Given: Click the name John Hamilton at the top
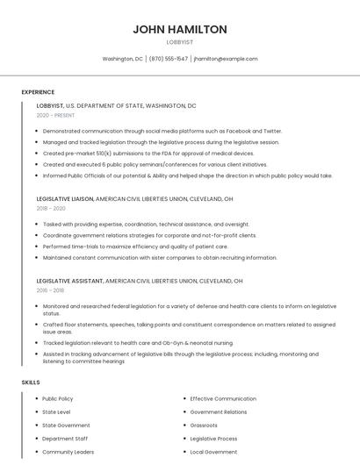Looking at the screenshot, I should (180, 29).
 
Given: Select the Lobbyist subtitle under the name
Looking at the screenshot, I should (180, 41).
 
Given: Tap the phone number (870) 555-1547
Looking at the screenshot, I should (169, 59).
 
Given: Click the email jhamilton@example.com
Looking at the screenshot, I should (226, 59).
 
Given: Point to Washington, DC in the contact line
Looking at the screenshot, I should (123, 59).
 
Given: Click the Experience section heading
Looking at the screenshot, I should (38, 92).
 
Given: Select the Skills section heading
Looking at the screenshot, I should (31, 383).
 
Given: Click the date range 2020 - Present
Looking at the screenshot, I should (55, 115).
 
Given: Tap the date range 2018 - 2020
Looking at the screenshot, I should (51, 209).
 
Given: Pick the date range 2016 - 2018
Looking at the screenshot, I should (50, 290).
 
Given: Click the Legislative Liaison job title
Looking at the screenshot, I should (65, 199).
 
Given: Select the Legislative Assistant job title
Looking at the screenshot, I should (69, 281).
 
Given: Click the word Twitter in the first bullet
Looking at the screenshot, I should (271, 131).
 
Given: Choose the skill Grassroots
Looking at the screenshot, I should (204, 426).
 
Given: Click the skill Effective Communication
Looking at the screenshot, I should (223, 399).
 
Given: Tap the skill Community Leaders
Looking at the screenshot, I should (68, 452).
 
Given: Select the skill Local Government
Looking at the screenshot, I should (213, 452).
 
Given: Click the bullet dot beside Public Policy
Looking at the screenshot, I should (36, 399).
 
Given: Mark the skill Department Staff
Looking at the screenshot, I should (65, 439).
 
